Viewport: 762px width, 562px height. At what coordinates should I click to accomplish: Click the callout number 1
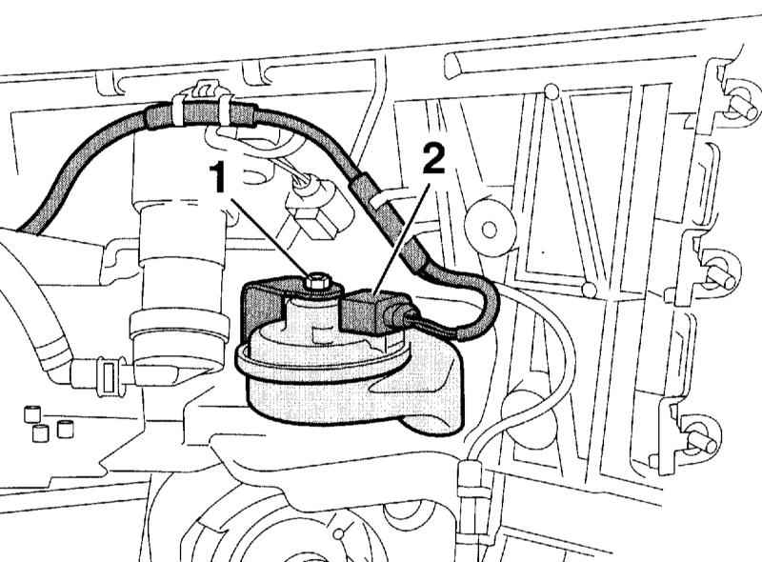[219, 177]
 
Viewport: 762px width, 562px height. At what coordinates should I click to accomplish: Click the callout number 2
[433, 159]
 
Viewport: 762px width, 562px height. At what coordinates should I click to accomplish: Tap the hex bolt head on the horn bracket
[317, 282]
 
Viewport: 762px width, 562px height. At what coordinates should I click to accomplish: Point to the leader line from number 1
[271, 237]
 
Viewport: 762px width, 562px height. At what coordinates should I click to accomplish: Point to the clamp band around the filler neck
[179, 326]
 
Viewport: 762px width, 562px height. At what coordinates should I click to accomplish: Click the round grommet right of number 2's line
[490, 227]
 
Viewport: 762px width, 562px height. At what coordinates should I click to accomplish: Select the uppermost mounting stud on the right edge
[743, 106]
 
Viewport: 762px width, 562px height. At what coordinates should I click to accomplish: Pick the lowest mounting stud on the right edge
[702, 439]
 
